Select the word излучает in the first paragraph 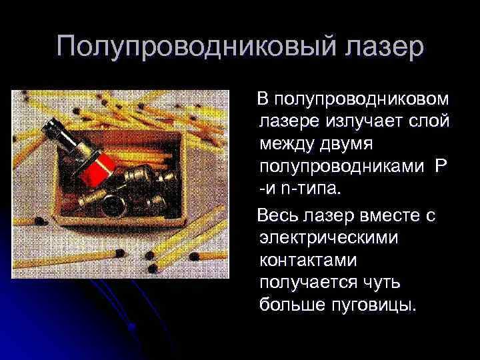tap(367, 121)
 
